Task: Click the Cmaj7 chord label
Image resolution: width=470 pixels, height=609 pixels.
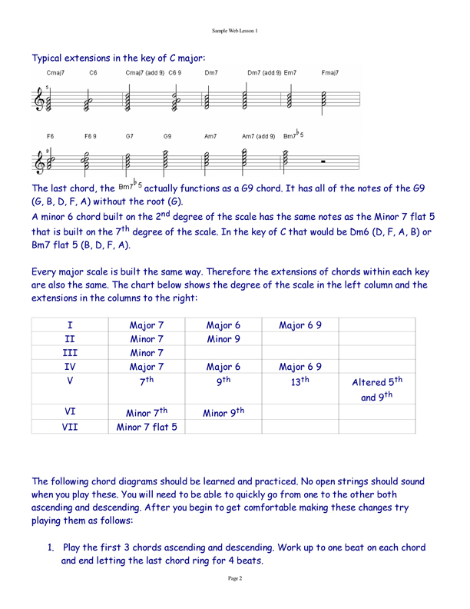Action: click(x=55, y=72)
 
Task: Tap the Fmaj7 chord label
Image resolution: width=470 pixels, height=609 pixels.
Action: click(x=331, y=72)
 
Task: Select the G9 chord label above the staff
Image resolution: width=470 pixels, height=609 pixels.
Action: click(x=167, y=136)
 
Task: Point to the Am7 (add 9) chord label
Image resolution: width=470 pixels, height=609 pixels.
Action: click(x=259, y=136)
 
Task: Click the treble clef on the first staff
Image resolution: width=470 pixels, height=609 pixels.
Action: click(x=39, y=98)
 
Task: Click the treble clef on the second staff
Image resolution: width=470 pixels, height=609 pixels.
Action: click(x=39, y=161)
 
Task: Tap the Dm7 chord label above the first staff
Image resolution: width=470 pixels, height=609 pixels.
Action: click(x=211, y=72)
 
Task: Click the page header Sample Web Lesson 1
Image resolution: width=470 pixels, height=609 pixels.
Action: click(x=235, y=31)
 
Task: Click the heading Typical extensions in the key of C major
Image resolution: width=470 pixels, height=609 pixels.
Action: click(x=118, y=57)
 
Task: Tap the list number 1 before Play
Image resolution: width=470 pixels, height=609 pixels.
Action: click(x=50, y=547)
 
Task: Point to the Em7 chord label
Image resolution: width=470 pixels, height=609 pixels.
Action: click(x=290, y=72)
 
